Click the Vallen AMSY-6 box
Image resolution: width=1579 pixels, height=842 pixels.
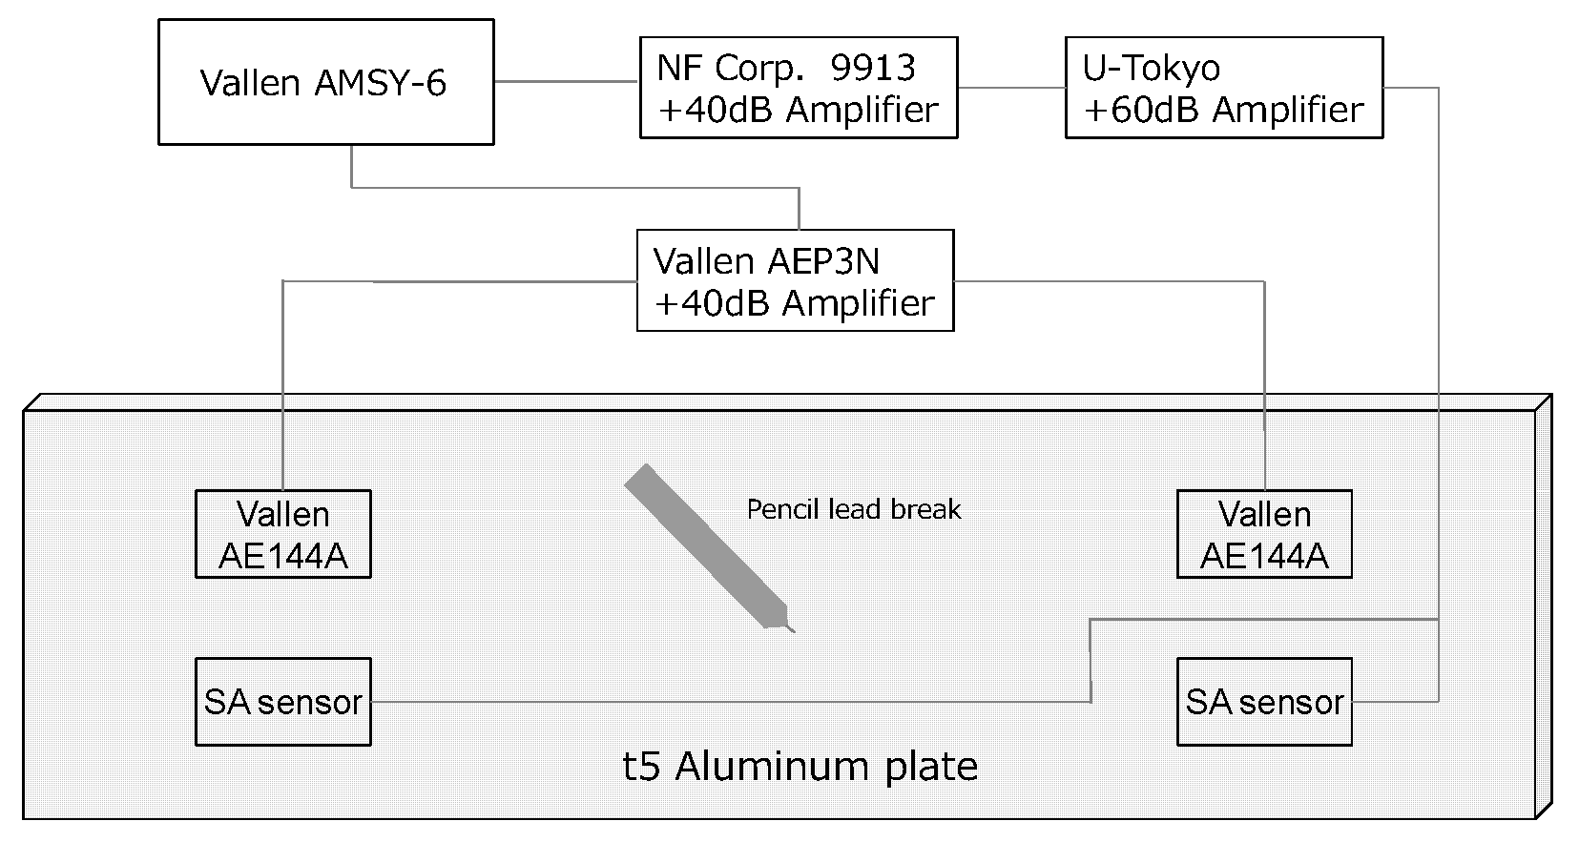[325, 82]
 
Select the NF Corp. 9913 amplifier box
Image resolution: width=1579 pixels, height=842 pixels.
[798, 88]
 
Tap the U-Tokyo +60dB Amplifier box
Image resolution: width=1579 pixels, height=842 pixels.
[1223, 88]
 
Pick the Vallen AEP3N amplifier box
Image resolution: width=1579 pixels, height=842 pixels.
[795, 280]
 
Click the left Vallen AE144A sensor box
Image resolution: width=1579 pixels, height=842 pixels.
[282, 534]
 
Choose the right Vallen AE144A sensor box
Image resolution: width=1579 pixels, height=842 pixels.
[1264, 534]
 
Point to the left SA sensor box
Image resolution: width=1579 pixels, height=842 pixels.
[282, 702]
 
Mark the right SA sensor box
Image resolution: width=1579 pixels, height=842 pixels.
[1264, 702]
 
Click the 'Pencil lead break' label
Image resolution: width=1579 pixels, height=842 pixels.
[853, 509]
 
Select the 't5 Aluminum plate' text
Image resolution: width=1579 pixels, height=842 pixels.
[800, 767]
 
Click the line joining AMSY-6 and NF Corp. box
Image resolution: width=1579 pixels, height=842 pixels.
[566, 82]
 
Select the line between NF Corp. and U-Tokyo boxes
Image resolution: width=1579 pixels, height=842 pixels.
[1011, 88]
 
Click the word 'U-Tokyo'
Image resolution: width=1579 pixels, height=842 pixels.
[1151, 68]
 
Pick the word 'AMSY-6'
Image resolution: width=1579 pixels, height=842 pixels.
[379, 83]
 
